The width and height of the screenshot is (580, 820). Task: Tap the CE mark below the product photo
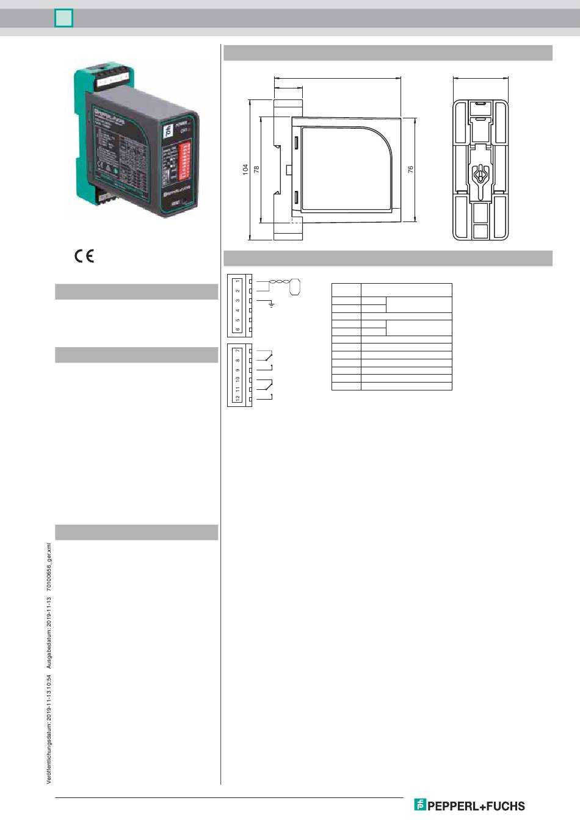click(x=84, y=256)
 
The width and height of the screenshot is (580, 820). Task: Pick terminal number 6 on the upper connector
click(x=237, y=330)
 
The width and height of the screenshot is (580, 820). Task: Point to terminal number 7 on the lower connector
click(x=237, y=350)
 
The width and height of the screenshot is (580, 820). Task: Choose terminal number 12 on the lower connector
click(x=237, y=398)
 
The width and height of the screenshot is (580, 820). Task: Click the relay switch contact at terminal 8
click(x=267, y=356)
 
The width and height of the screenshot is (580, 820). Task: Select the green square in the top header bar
click(x=63, y=19)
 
